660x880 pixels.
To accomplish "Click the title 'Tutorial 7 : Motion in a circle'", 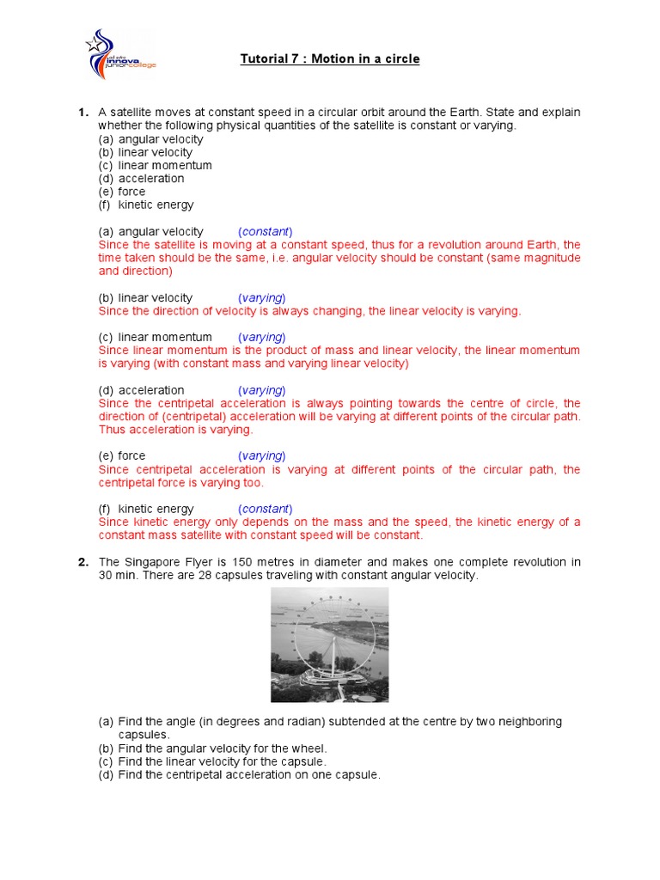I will click(x=329, y=59).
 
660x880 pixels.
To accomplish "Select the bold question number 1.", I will click(x=82, y=113).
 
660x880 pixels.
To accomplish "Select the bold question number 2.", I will click(x=82, y=562).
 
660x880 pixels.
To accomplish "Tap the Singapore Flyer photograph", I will click(x=329, y=645).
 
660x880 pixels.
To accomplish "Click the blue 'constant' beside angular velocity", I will click(x=266, y=232).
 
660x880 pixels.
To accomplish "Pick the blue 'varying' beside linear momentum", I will click(x=262, y=338).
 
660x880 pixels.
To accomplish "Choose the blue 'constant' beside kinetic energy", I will click(x=266, y=509).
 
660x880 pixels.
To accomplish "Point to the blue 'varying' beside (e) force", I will click(x=262, y=456).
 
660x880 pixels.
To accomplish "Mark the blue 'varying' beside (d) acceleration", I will click(x=262, y=390).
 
